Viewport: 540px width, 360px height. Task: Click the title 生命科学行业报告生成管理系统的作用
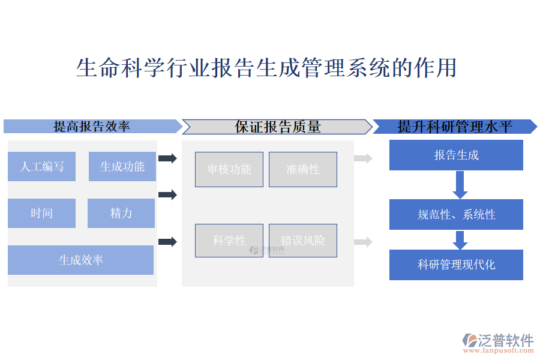[266, 68]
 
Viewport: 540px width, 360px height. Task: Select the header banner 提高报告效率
[92, 126]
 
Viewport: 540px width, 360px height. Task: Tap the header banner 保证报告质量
[277, 126]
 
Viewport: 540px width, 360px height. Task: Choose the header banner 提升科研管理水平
[454, 126]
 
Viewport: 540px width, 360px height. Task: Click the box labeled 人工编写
[42, 166]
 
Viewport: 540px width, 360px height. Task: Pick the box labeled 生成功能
[122, 166]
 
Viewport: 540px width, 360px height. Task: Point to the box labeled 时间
[42, 213]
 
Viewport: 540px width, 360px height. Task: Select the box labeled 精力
[121, 213]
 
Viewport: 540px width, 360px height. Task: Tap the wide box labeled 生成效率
[81, 260]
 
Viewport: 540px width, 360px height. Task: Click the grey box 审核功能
[229, 169]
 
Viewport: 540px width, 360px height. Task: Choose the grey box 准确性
[303, 169]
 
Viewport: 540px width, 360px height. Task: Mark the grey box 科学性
[229, 241]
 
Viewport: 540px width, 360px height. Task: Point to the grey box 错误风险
[303, 241]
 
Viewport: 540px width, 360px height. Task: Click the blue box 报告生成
[456, 155]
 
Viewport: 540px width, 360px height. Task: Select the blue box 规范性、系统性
[456, 214]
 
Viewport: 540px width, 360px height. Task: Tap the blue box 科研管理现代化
[456, 265]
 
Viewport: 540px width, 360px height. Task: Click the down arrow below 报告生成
[460, 185]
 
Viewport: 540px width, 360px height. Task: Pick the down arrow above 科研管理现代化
[460, 240]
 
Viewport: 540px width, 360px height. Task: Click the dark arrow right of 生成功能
[167, 158]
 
